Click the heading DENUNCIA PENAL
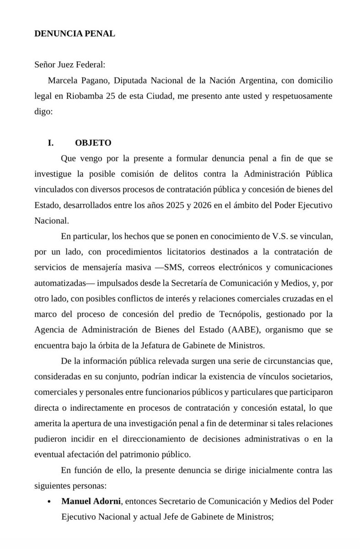(x=75, y=34)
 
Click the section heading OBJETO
(x=93, y=143)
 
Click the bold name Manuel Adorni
(x=91, y=501)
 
